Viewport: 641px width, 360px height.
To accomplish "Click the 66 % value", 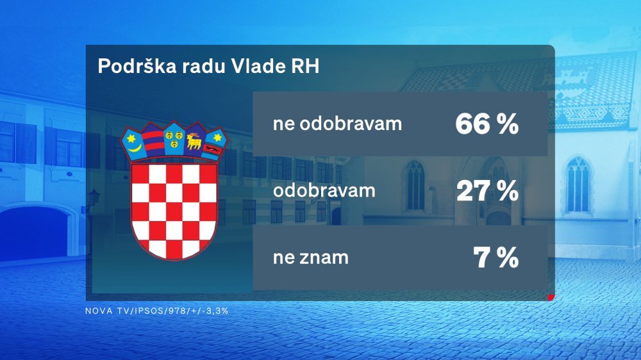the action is click(487, 124).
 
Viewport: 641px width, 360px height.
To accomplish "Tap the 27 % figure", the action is click(487, 190).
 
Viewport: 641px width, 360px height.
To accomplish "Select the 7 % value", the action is click(496, 258).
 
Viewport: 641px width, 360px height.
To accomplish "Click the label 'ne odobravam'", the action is click(337, 124).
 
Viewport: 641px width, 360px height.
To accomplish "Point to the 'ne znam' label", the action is click(311, 258).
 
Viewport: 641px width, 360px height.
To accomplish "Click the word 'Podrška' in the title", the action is click(137, 66).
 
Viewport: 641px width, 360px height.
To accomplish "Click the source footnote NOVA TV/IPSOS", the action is click(156, 311).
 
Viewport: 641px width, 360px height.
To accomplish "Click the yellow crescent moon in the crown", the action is click(134, 146).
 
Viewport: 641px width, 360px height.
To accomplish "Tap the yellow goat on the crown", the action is click(194, 142).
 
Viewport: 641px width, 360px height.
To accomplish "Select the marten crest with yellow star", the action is click(215, 146).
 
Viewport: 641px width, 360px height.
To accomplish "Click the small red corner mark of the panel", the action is click(551, 297).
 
